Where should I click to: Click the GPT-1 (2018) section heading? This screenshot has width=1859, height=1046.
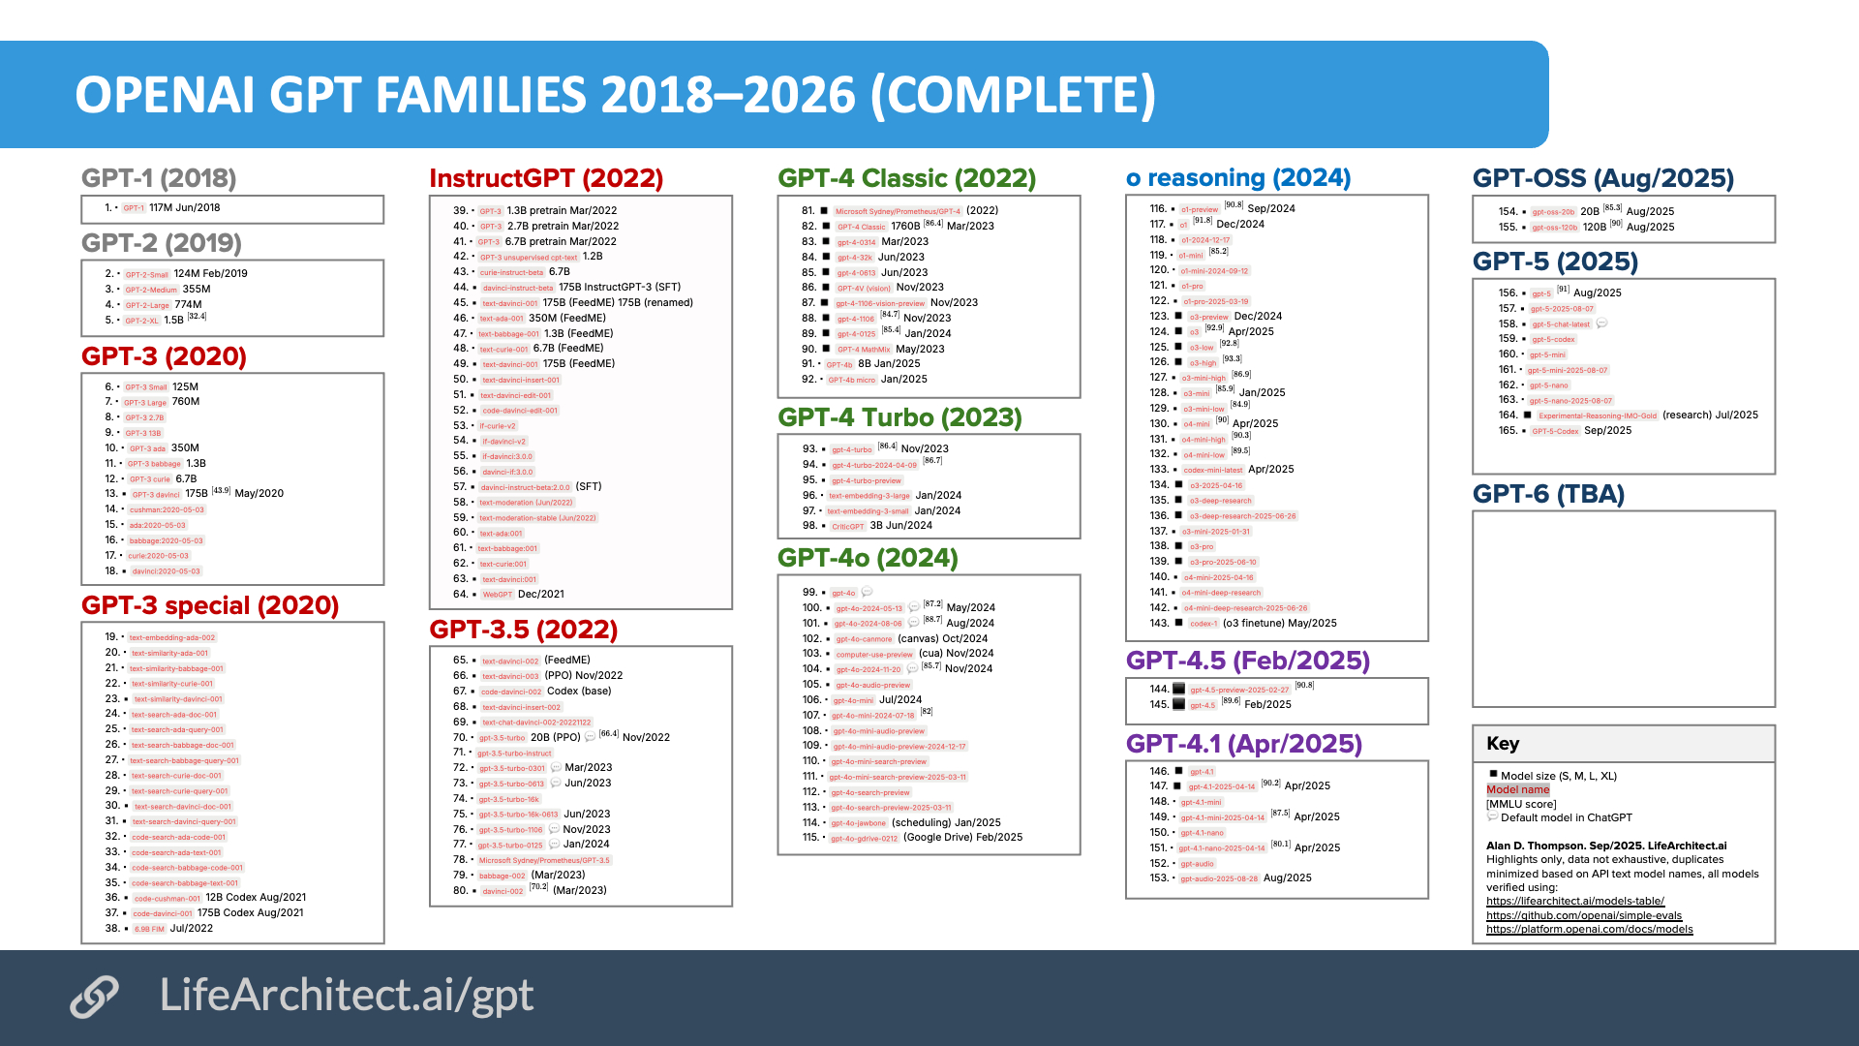coord(159,178)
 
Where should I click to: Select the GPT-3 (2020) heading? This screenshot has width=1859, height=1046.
coord(164,356)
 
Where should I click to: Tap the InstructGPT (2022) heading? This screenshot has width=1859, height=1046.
coord(546,178)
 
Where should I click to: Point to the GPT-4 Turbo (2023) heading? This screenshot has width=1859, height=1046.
coord(899,417)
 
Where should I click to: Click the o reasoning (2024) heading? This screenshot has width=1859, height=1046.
coord(1238,178)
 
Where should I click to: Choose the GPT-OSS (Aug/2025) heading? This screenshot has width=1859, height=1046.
coord(1602,178)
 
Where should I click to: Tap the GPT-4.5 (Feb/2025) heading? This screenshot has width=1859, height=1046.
coord(1247,661)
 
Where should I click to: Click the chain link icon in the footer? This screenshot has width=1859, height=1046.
coord(94,997)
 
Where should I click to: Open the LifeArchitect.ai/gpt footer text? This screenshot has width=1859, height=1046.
coord(346,995)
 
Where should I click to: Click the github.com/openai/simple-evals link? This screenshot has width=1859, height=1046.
coord(1583,915)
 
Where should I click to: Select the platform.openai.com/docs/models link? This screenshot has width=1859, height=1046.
coord(1589,929)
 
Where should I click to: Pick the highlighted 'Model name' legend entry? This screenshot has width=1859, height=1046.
coord(1517,789)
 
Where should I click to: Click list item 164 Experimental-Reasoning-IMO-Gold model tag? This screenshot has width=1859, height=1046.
coord(1597,415)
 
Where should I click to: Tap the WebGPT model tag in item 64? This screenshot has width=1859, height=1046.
coord(497,595)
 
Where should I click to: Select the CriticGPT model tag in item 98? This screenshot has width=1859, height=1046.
coord(847,527)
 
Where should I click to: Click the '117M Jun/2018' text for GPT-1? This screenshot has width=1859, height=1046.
coord(184,207)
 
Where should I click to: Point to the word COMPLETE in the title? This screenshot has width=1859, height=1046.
coord(1014,95)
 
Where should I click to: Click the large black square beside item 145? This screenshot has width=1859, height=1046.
coord(1178,704)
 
